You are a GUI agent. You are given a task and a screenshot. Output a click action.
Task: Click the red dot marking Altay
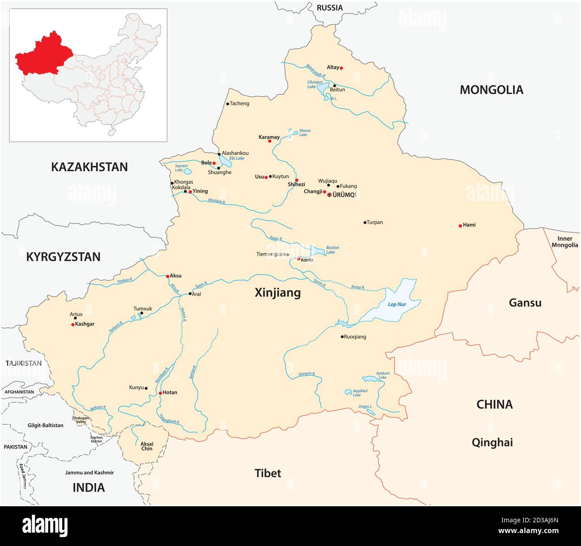341,68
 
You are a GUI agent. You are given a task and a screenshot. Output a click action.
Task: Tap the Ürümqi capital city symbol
330,195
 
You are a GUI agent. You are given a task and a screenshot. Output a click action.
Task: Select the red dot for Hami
460,226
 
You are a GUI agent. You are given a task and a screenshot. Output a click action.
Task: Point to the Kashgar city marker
73,324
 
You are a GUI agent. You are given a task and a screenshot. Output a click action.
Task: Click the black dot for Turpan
365,223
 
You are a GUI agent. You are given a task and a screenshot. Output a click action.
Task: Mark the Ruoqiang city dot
342,337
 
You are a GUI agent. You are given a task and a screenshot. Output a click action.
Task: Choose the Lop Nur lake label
397,304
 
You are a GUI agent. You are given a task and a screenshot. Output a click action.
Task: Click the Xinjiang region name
278,293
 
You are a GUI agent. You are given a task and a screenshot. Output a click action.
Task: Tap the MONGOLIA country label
491,90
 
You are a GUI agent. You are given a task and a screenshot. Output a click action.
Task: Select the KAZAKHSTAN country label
89,167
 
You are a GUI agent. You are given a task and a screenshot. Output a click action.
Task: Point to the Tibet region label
268,473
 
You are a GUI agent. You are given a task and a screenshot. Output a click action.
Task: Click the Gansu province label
525,303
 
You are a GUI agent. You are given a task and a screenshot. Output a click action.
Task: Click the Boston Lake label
333,250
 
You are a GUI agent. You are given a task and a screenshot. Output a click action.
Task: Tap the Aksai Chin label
147,446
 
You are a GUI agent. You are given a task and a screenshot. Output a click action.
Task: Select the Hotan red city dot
160,393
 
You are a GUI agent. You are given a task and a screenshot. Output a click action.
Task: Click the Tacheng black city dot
227,104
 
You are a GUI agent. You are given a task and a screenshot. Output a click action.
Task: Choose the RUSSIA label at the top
330,8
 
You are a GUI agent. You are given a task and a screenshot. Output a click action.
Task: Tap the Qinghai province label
492,442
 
